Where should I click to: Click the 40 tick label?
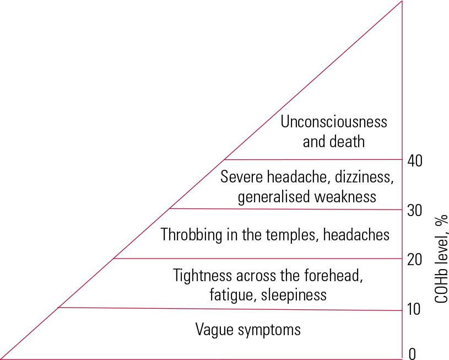click(x=414, y=161)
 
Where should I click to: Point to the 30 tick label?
click(x=414, y=211)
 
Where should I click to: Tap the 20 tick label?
click(x=414, y=260)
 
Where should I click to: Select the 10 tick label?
click(x=414, y=309)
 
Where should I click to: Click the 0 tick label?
click(x=411, y=354)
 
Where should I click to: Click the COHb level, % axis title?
click(x=441, y=257)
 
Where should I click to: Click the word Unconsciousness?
click(x=334, y=122)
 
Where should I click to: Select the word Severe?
click(x=242, y=178)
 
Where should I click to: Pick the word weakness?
click(x=346, y=197)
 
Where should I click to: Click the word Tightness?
click(x=202, y=275)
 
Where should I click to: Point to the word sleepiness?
click(x=294, y=295)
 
